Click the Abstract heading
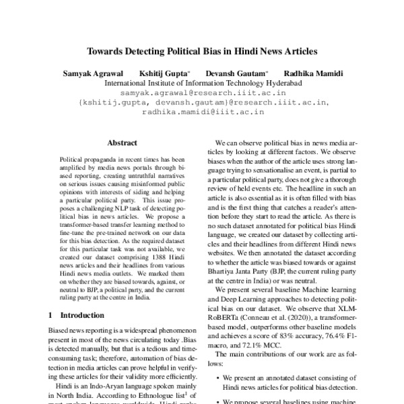[x=121, y=143]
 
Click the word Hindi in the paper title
[x=247, y=50]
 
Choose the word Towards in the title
[x=106, y=50]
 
